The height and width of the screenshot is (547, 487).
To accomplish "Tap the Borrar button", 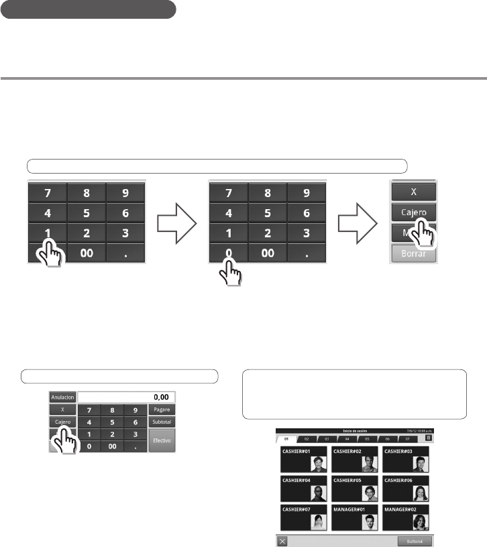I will tap(413, 255).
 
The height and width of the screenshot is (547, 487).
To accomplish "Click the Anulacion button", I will tap(62, 397).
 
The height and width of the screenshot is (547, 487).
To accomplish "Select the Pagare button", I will tap(160, 410).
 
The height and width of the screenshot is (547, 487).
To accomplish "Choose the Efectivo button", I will tap(160, 440).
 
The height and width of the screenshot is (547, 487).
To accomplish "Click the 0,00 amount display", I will tap(126, 397).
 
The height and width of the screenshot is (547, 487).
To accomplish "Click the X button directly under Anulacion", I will tap(62, 409).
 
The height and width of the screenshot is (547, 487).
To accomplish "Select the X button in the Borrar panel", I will tap(413, 191).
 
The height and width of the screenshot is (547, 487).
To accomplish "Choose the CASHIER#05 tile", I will tap(354, 489).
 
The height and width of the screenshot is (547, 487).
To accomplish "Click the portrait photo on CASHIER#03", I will tap(419, 465).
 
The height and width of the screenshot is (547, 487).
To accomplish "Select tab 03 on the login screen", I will tap(327, 438).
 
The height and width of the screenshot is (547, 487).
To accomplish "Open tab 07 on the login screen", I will tap(407, 438).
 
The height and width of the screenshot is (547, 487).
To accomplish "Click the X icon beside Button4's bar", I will tap(282, 540).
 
